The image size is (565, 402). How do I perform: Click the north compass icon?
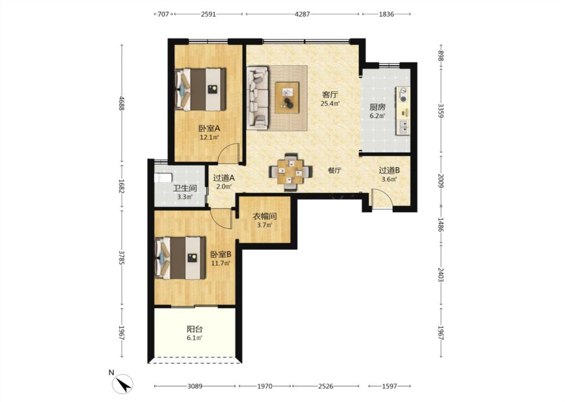coord(123,383)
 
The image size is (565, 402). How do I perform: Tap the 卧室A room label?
coord(209,128)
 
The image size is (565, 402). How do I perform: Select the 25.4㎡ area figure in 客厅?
coord(330,104)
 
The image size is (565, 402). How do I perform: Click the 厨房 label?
coord(377,107)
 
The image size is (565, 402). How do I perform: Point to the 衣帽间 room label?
coord(265,216)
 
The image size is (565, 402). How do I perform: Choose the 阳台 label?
coord(194,329)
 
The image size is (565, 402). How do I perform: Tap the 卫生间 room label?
coord(185,188)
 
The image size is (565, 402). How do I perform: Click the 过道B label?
coord(389,170)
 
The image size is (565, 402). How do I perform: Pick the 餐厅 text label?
coord(334,170)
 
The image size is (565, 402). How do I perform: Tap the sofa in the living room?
coord(258,97)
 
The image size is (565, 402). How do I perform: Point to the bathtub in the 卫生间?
coord(163,178)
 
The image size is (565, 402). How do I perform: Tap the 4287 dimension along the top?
coord(302,14)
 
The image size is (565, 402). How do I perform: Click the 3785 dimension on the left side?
coord(122,258)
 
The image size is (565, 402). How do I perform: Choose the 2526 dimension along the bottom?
coord(326,386)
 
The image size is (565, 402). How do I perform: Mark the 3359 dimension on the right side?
coord(440,111)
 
